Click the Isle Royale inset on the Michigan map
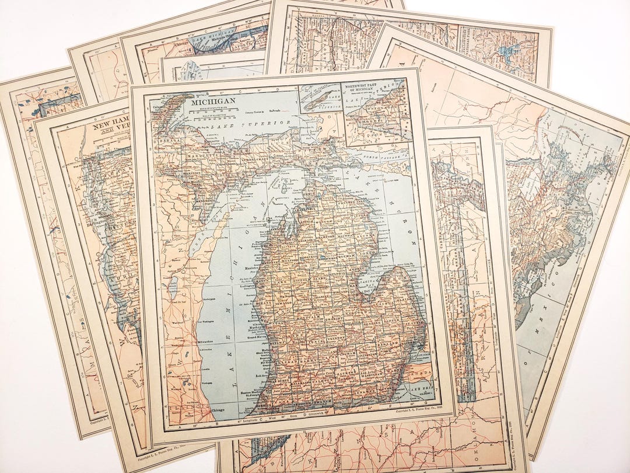[x=319, y=96]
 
